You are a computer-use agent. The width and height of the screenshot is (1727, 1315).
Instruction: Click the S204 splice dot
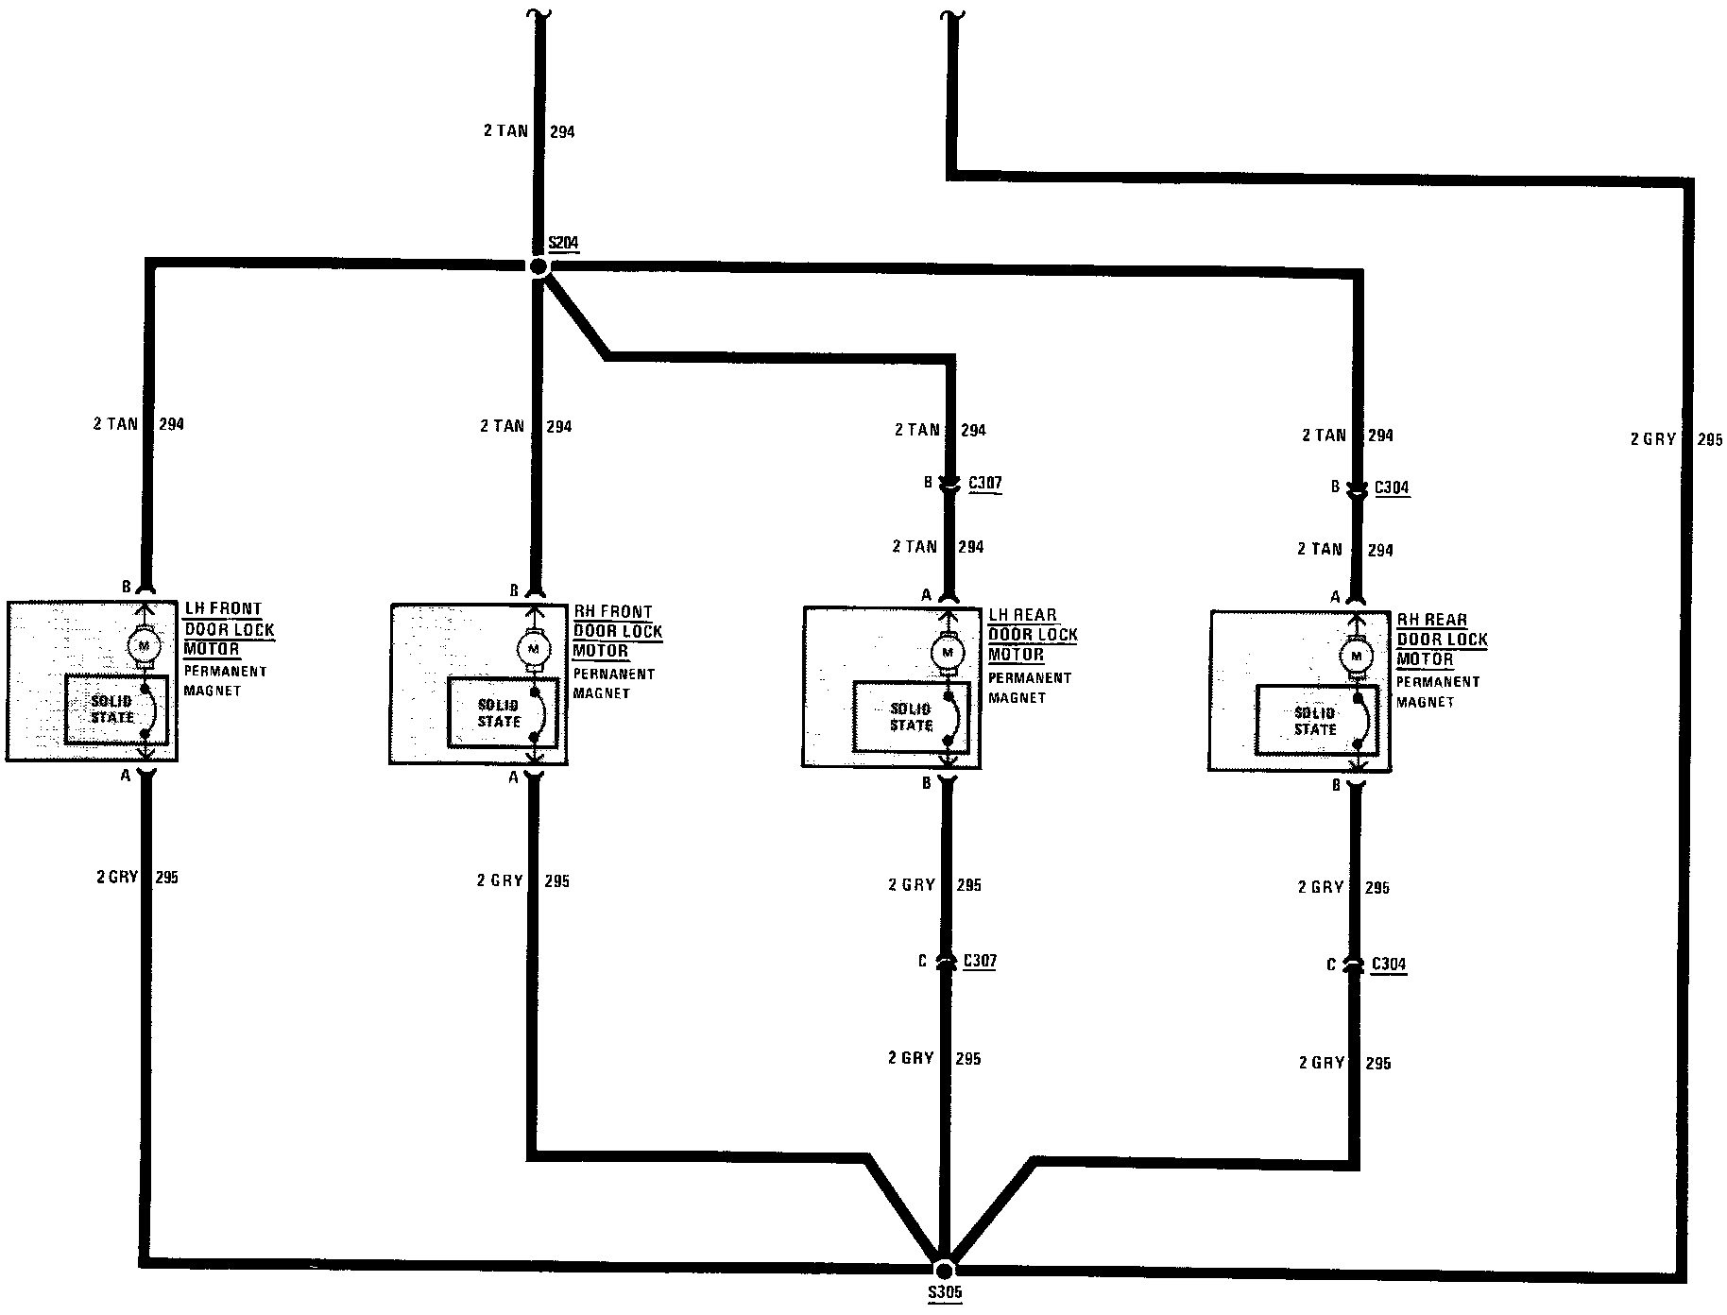coord(538,267)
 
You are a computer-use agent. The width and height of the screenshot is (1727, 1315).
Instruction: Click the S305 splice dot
coord(944,1271)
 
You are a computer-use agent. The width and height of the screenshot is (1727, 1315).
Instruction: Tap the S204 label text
coord(563,244)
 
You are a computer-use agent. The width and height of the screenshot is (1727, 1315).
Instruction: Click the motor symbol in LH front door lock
coord(145,645)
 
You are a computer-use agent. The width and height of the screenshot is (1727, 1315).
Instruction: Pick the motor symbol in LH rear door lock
coord(947,652)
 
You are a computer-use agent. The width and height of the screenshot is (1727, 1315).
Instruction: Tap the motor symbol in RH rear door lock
coord(1357,656)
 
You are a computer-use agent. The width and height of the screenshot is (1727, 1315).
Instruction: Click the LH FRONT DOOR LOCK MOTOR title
coord(228,629)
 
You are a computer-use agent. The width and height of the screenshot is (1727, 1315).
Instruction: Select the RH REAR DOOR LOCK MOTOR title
coord(1442,640)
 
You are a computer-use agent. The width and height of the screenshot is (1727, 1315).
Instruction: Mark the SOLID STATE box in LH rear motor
coord(912,717)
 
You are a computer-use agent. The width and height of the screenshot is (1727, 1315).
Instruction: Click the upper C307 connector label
coord(984,484)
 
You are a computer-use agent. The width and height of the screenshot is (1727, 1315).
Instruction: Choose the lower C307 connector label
coord(980,962)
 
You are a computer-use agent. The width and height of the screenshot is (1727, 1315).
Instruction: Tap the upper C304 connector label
coord(1392,488)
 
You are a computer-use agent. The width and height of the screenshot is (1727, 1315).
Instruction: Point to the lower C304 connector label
coord(1389,965)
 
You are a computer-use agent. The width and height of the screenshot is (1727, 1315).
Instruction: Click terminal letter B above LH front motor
coord(127,587)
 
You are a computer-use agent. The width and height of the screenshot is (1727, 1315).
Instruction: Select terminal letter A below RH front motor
coord(514,777)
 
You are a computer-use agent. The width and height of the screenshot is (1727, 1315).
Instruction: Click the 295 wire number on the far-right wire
coord(1709,440)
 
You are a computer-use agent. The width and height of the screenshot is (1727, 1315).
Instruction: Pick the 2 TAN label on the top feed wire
coord(505,131)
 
